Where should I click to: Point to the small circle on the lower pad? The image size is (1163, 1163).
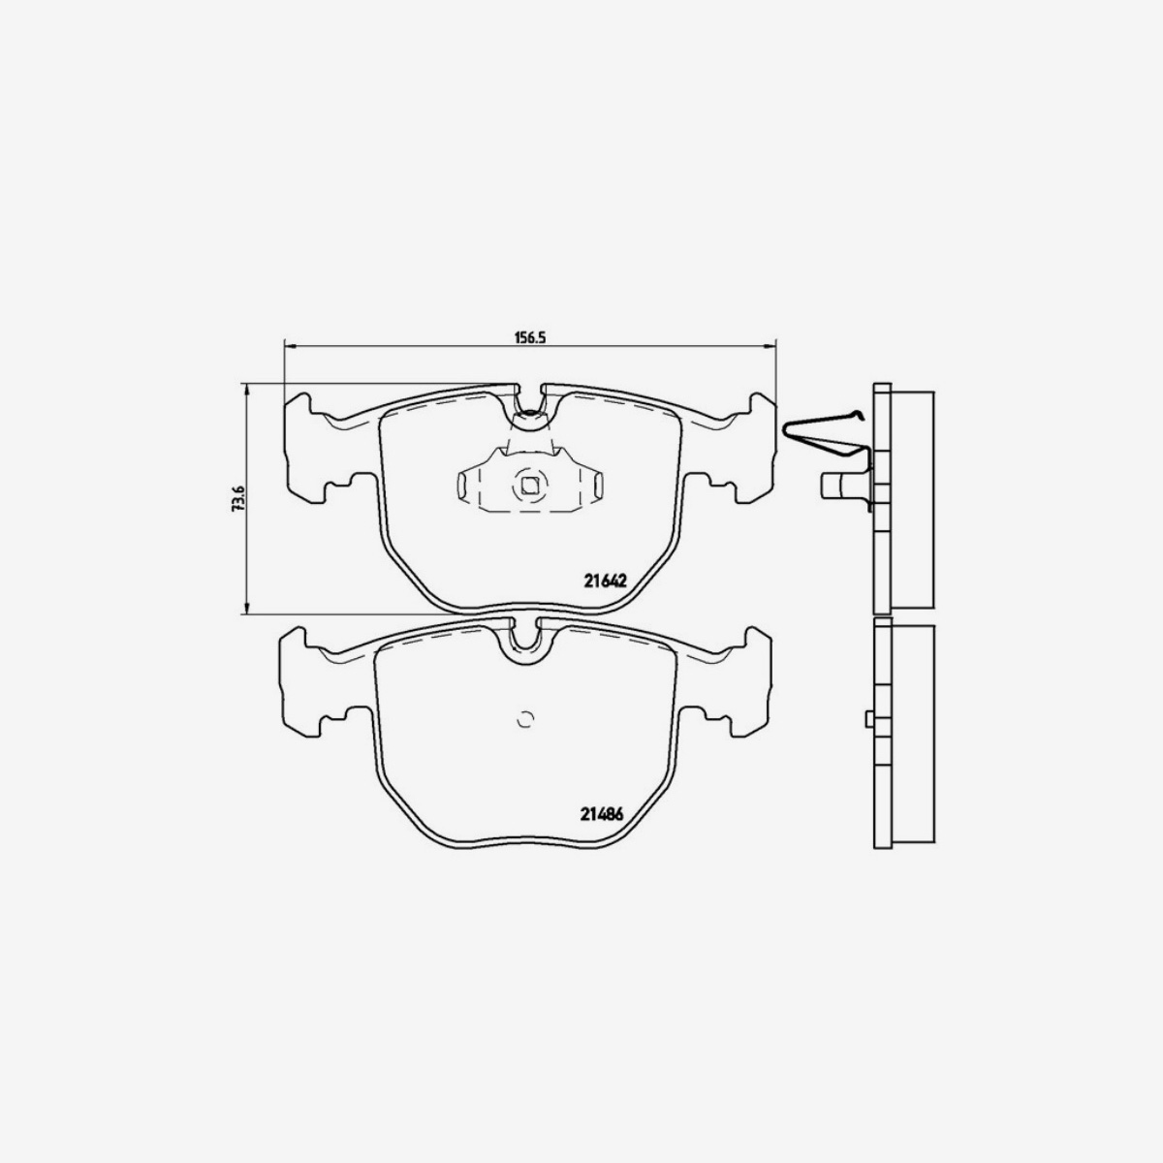[526, 719]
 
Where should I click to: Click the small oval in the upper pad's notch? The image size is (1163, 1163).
[529, 420]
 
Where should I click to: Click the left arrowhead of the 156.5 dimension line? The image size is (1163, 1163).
[289, 345]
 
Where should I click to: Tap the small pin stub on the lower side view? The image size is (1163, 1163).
[868, 719]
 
